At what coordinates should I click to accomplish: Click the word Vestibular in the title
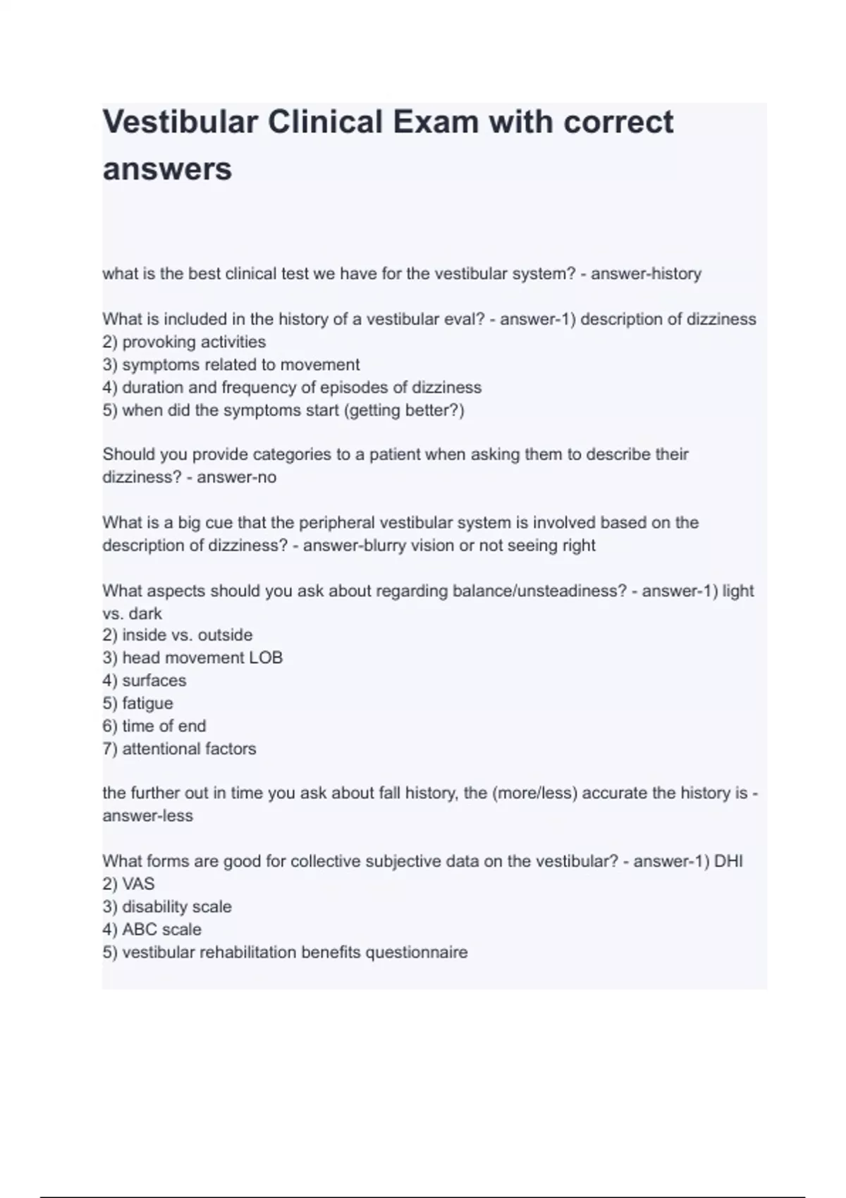click(180, 123)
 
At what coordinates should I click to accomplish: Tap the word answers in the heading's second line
click(167, 169)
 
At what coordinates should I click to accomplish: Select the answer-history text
click(646, 274)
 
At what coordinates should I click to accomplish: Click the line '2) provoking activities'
click(184, 342)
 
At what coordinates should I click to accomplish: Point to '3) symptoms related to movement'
click(231, 364)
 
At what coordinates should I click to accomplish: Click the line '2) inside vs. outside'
click(177, 635)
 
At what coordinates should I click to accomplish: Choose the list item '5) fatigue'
click(137, 703)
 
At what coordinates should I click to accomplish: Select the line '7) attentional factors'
click(179, 748)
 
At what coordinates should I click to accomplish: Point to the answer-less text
click(147, 816)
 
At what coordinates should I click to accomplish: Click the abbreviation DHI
click(728, 861)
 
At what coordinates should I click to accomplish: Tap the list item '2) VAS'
click(128, 884)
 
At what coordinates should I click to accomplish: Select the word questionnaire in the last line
click(416, 952)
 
